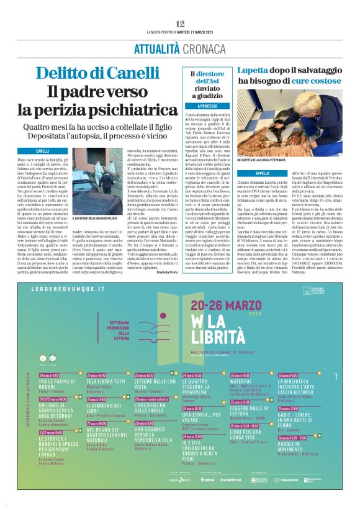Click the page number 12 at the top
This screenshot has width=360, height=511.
coord(180,24)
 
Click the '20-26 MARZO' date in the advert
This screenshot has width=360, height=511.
coord(224,304)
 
